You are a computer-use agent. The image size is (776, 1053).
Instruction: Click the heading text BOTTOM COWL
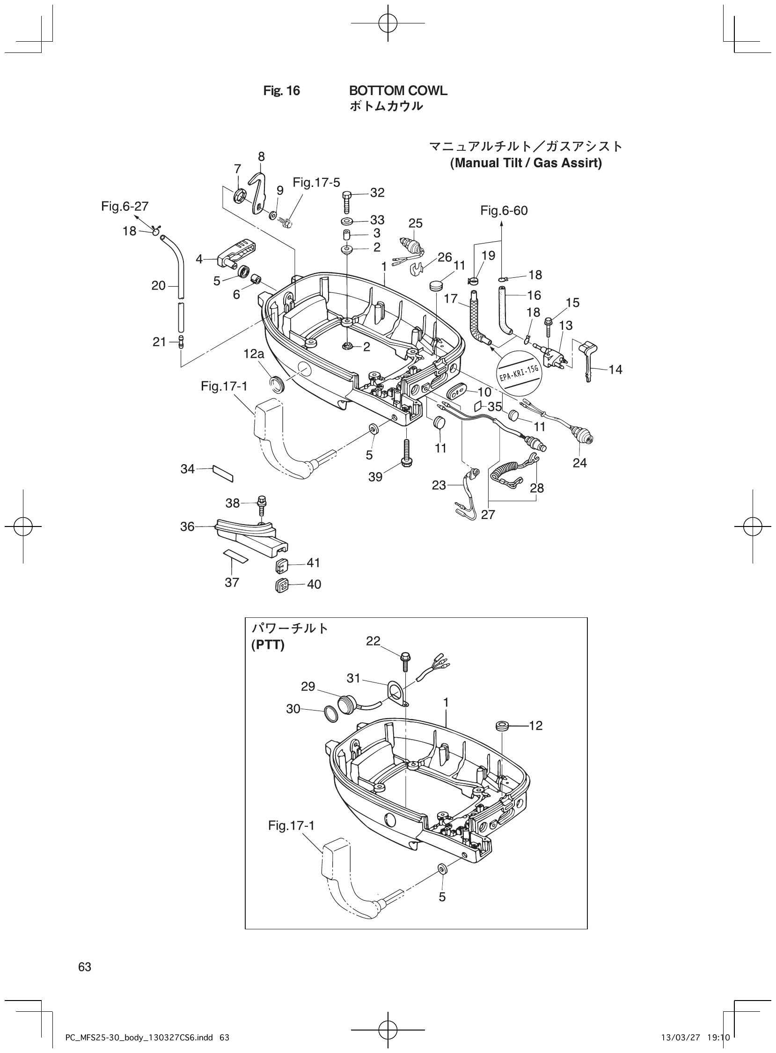[x=398, y=91]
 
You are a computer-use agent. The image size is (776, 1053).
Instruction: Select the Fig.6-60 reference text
[x=504, y=211]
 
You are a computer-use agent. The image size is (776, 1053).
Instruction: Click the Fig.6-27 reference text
[x=124, y=207]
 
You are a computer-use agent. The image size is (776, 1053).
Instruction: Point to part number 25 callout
[x=415, y=223]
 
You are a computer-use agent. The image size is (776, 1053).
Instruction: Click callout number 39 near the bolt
[x=375, y=477]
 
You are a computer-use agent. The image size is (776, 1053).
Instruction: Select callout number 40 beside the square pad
[x=314, y=584]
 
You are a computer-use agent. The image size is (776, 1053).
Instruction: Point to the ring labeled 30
[x=331, y=714]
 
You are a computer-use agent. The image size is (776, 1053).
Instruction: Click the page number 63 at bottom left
[x=85, y=966]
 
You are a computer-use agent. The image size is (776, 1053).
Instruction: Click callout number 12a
[x=254, y=354]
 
